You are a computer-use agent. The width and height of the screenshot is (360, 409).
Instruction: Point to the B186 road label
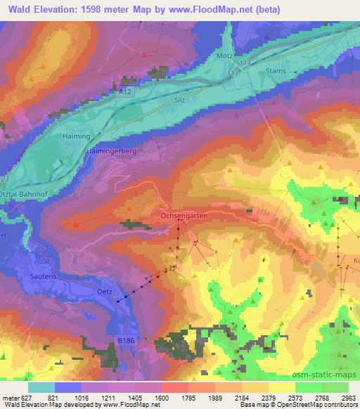pos(125,340)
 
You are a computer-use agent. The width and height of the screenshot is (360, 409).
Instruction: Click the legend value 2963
pos(348,398)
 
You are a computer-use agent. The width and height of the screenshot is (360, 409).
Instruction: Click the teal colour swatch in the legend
pos(41,387)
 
